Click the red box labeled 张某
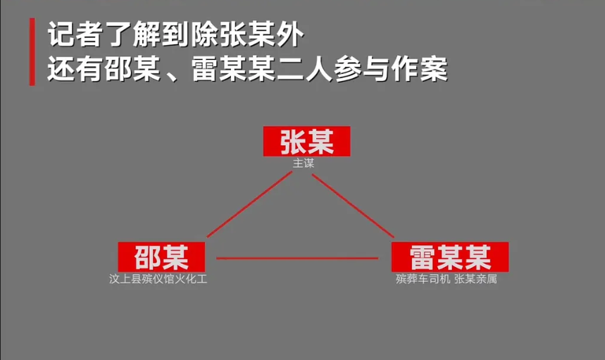coord(306,142)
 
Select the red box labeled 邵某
coord(161,256)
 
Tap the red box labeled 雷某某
coord(449,256)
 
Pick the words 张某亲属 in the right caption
coord(476,279)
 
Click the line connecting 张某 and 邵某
coord(250,205)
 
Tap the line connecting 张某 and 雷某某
coord(352,205)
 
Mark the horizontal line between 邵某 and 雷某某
coord(297,259)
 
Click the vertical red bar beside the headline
coord(32,52)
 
